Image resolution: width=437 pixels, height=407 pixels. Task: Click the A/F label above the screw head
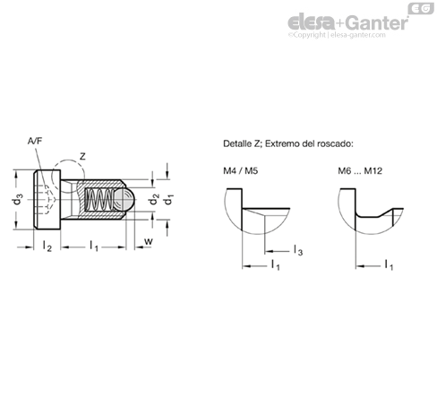[35, 141]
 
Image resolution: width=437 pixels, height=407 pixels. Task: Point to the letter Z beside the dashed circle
[82, 156]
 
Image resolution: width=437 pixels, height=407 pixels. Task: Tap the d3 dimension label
[18, 199]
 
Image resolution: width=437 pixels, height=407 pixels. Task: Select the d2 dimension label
[154, 199]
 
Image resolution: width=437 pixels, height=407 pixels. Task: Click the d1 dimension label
[169, 199]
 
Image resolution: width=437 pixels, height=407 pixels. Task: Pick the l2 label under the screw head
[47, 247]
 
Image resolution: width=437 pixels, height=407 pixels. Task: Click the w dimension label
[149, 241]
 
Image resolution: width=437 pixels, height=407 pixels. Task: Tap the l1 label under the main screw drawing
[94, 247]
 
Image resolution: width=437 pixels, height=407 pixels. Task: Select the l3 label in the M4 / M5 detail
[298, 250]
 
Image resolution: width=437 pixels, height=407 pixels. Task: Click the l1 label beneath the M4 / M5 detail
[276, 264]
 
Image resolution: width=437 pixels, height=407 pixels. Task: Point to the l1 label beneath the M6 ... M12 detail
[389, 264]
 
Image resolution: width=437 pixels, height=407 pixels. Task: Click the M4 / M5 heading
[240, 171]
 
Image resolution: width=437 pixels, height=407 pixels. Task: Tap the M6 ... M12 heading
[360, 171]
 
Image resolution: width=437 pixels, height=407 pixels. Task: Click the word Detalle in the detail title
[237, 143]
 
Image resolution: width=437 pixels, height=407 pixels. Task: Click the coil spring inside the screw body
[99, 200]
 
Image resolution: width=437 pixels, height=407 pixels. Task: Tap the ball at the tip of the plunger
[124, 200]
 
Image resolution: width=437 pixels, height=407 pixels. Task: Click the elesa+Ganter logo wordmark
[348, 22]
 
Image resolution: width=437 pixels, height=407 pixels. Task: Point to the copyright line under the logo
[337, 35]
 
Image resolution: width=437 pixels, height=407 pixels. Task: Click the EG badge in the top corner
[421, 9]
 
